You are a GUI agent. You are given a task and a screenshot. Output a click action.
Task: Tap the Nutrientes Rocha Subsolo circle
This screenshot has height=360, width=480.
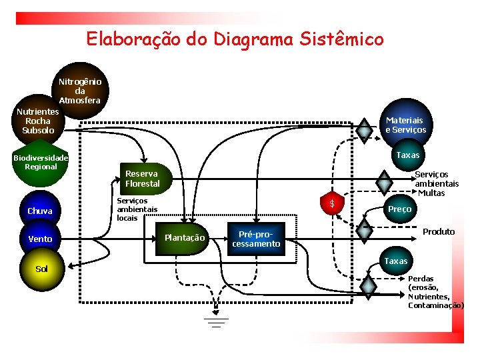37,121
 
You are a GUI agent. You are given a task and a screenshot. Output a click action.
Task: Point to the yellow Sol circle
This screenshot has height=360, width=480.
42,269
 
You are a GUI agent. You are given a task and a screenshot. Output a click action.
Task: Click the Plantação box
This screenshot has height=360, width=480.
185,237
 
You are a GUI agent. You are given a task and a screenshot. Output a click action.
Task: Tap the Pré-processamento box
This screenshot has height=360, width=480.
256,239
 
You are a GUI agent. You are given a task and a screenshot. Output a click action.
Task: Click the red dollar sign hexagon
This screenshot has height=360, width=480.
332,203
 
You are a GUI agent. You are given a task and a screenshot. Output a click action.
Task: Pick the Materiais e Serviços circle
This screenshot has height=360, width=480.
406,125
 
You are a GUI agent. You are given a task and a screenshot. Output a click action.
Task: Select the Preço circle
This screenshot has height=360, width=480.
399,209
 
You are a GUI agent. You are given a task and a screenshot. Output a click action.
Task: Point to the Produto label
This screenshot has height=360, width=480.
439,231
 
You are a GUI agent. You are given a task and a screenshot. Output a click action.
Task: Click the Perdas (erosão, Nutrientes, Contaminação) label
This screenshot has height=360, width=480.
435,291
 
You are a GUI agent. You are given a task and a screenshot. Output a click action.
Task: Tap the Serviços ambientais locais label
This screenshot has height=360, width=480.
137,209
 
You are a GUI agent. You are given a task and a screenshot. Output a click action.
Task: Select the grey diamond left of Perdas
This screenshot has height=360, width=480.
367,287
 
